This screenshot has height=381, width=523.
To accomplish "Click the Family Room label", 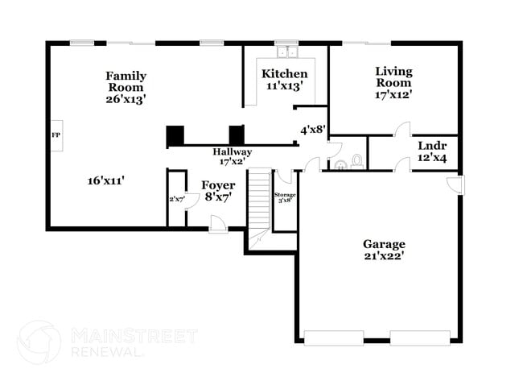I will pyautogui.click(x=126, y=81).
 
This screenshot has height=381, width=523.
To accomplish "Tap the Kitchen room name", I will pyautogui.click(x=285, y=73).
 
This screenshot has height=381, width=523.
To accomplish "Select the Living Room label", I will pyautogui.click(x=393, y=77).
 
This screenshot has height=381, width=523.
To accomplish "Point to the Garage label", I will pyautogui.click(x=384, y=244).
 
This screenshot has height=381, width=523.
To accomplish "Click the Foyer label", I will pyautogui.click(x=217, y=184).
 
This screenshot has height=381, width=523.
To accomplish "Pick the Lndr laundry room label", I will pyautogui.click(x=432, y=147).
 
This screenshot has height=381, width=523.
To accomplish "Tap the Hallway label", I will pyautogui.click(x=232, y=152).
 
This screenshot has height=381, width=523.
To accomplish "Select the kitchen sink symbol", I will pyautogui.click(x=286, y=53).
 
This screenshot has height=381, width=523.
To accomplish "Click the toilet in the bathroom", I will pyautogui.click(x=356, y=161).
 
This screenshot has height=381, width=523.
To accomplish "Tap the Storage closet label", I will pyautogui.click(x=285, y=195).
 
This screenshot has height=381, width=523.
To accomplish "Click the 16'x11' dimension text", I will pyautogui.click(x=106, y=180).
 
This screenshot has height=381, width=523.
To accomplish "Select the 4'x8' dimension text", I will pyautogui.click(x=313, y=129).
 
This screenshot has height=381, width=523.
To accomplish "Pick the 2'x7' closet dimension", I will pyautogui.click(x=176, y=198).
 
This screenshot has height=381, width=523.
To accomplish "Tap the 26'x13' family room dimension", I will pyautogui.click(x=126, y=99).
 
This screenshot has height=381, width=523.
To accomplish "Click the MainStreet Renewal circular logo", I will pyautogui.click(x=39, y=342).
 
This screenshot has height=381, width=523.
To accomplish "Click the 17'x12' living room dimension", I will pyautogui.click(x=393, y=94).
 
